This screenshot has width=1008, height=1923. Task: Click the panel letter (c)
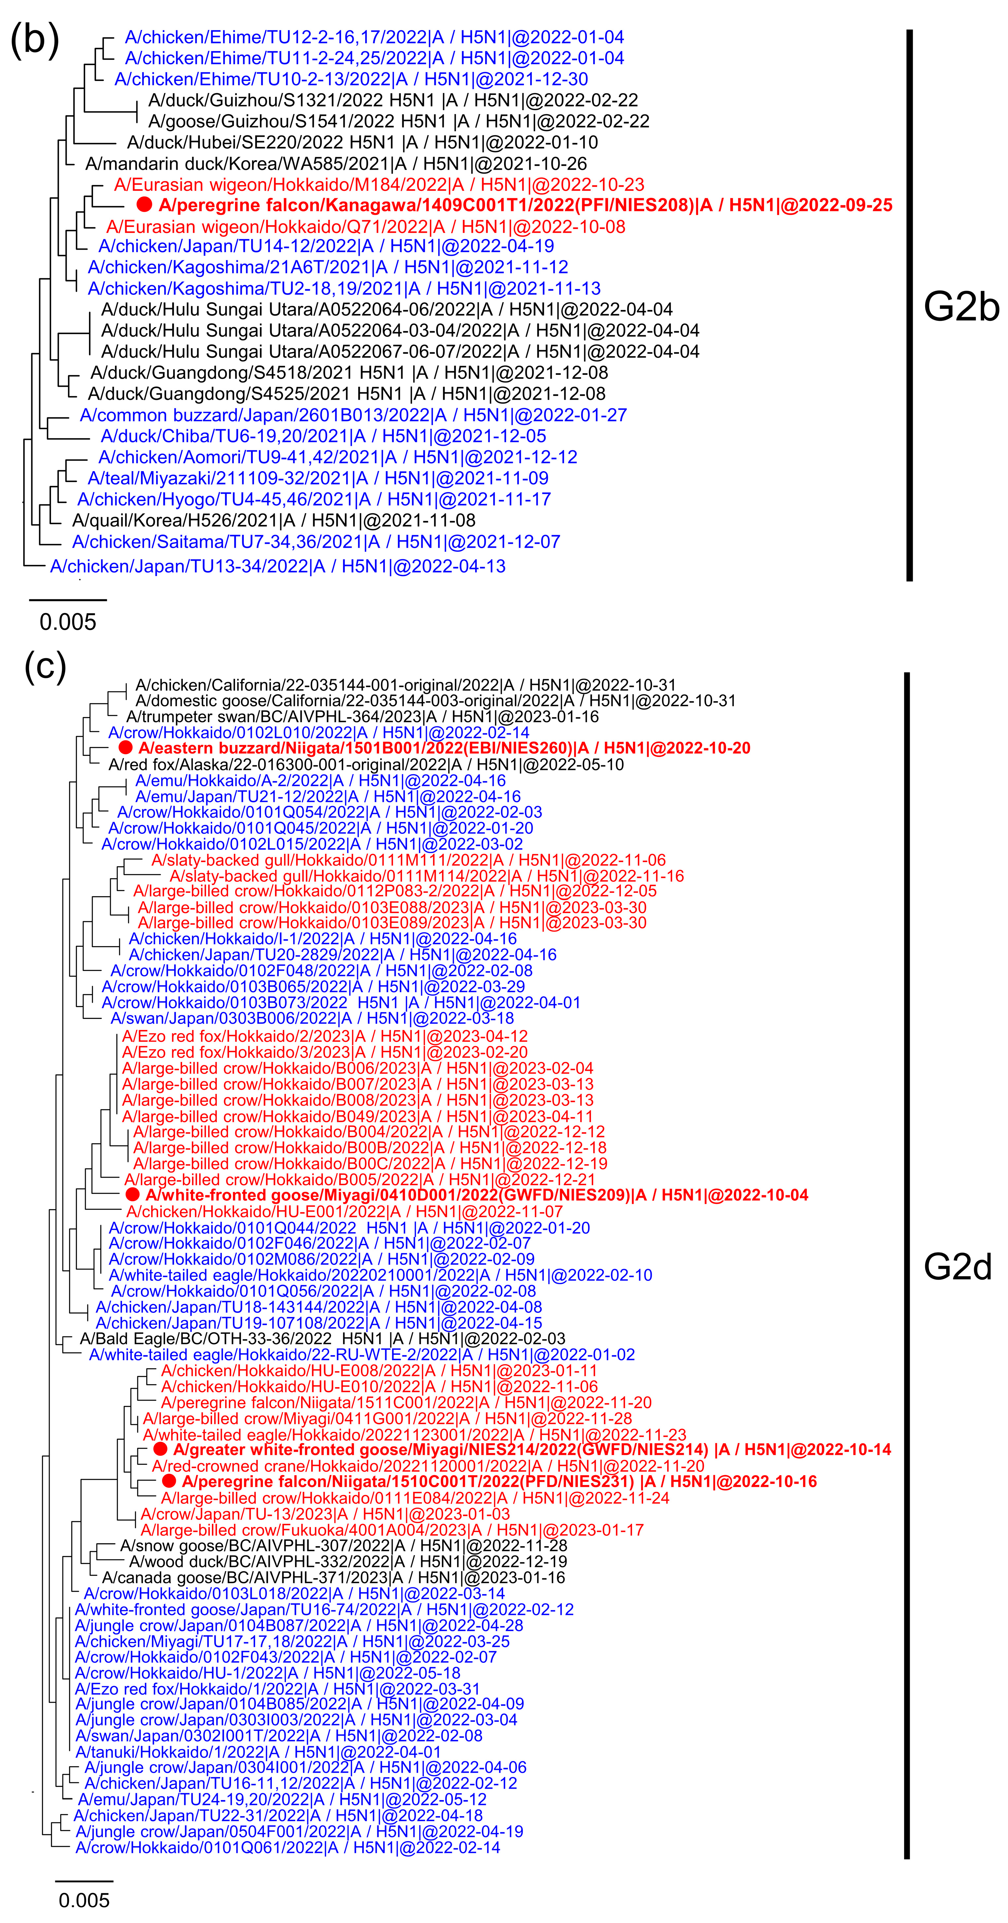point(45,664)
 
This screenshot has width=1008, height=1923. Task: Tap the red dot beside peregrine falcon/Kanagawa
point(145,205)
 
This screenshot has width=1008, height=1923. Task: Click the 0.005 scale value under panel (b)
point(68,622)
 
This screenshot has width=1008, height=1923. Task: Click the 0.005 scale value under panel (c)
point(84,1900)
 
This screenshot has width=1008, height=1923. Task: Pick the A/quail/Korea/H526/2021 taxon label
point(274,520)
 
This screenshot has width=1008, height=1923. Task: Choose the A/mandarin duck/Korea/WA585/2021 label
point(336,163)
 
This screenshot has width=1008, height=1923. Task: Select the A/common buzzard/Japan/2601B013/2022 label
point(353,415)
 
